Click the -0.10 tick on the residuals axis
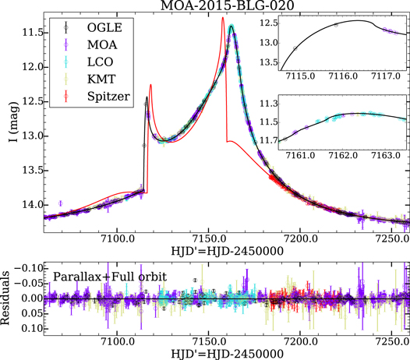27,268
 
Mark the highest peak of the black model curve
232,26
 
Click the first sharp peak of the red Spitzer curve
150,86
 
